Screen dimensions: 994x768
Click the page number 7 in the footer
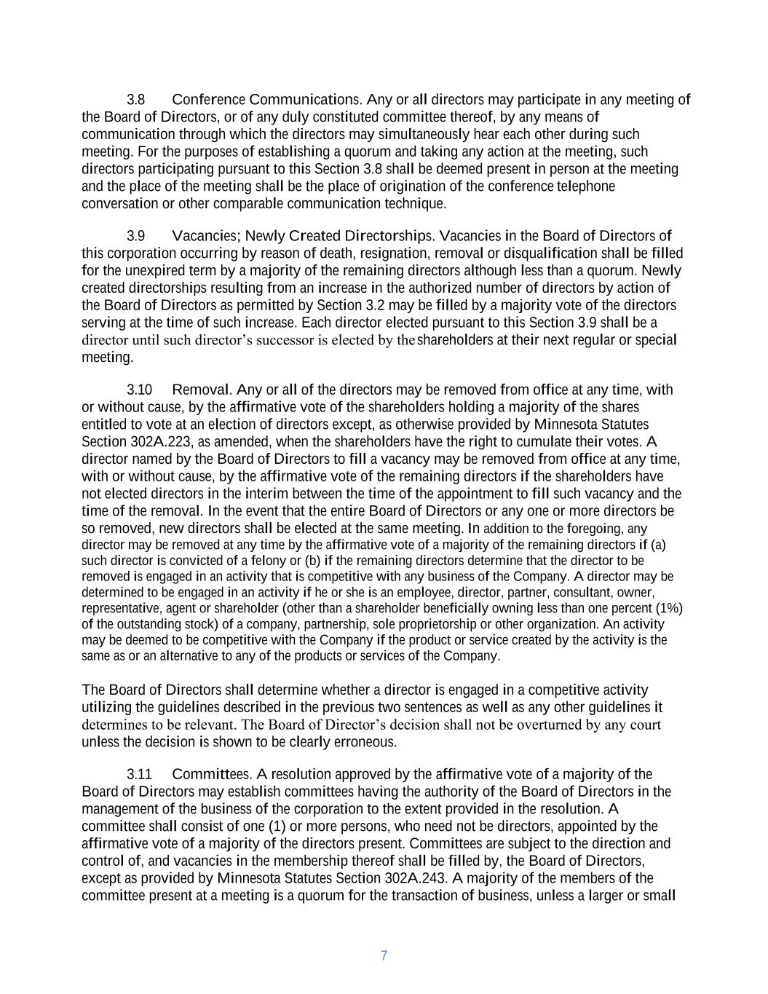(x=384, y=955)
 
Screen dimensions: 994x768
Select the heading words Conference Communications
(x=266, y=99)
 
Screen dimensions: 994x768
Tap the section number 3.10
(x=140, y=390)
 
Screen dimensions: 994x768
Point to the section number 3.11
(x=140, y=774)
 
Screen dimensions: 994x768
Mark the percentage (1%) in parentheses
(x=669, y=608)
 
